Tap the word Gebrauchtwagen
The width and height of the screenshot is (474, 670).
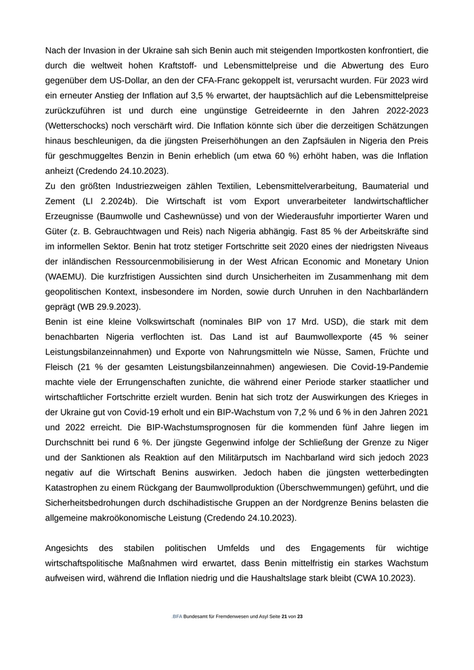131,231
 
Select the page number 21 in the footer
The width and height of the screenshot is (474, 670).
284,617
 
